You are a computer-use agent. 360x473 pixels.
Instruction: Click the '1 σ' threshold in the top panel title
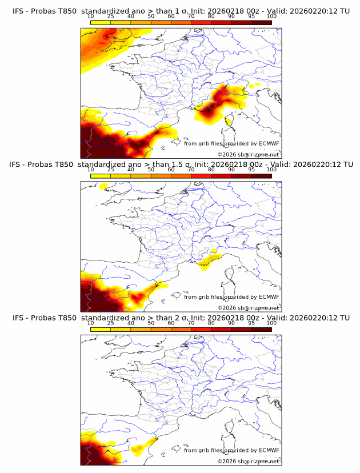click(181, 11)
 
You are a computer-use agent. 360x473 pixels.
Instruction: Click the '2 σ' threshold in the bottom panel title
click(181, 318)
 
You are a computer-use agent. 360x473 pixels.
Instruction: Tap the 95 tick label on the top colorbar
click(251, 17)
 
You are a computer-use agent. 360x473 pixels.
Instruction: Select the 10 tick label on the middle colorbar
click(91, 170)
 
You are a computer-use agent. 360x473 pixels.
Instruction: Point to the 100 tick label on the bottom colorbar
click(271, 323)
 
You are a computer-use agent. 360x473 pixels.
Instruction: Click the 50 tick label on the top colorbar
click(151, 17)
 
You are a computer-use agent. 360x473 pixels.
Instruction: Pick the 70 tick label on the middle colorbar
click(191, 170)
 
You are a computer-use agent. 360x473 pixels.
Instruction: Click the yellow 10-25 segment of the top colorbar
click(101, 22)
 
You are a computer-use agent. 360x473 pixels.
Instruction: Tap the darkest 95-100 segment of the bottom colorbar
click(261, 329)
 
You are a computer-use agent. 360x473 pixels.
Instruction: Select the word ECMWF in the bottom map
click(269, 450)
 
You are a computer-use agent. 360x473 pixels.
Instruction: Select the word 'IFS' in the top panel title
click(18, 11)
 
